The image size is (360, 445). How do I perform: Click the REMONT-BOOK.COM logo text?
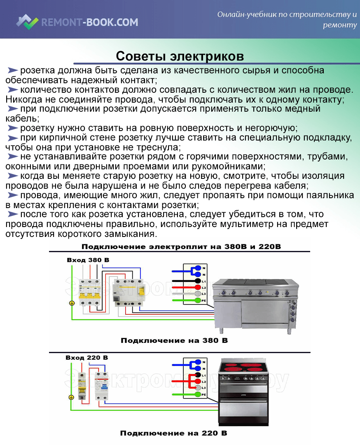(90, 22)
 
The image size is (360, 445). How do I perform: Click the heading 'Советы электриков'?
(180, 56)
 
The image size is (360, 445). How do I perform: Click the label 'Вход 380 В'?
(88, 260)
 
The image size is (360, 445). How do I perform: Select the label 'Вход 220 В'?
(87, 358)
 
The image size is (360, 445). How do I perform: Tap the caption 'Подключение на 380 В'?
(174, 341)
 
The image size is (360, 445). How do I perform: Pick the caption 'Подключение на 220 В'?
(174, 433)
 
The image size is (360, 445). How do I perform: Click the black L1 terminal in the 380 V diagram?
(198, 281)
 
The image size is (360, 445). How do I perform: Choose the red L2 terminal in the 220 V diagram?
(198, 382)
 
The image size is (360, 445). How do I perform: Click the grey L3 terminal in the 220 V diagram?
(198, 388)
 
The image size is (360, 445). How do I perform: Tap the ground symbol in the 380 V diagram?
(71, 303)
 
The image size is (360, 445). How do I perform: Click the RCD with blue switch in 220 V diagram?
(101, 385)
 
